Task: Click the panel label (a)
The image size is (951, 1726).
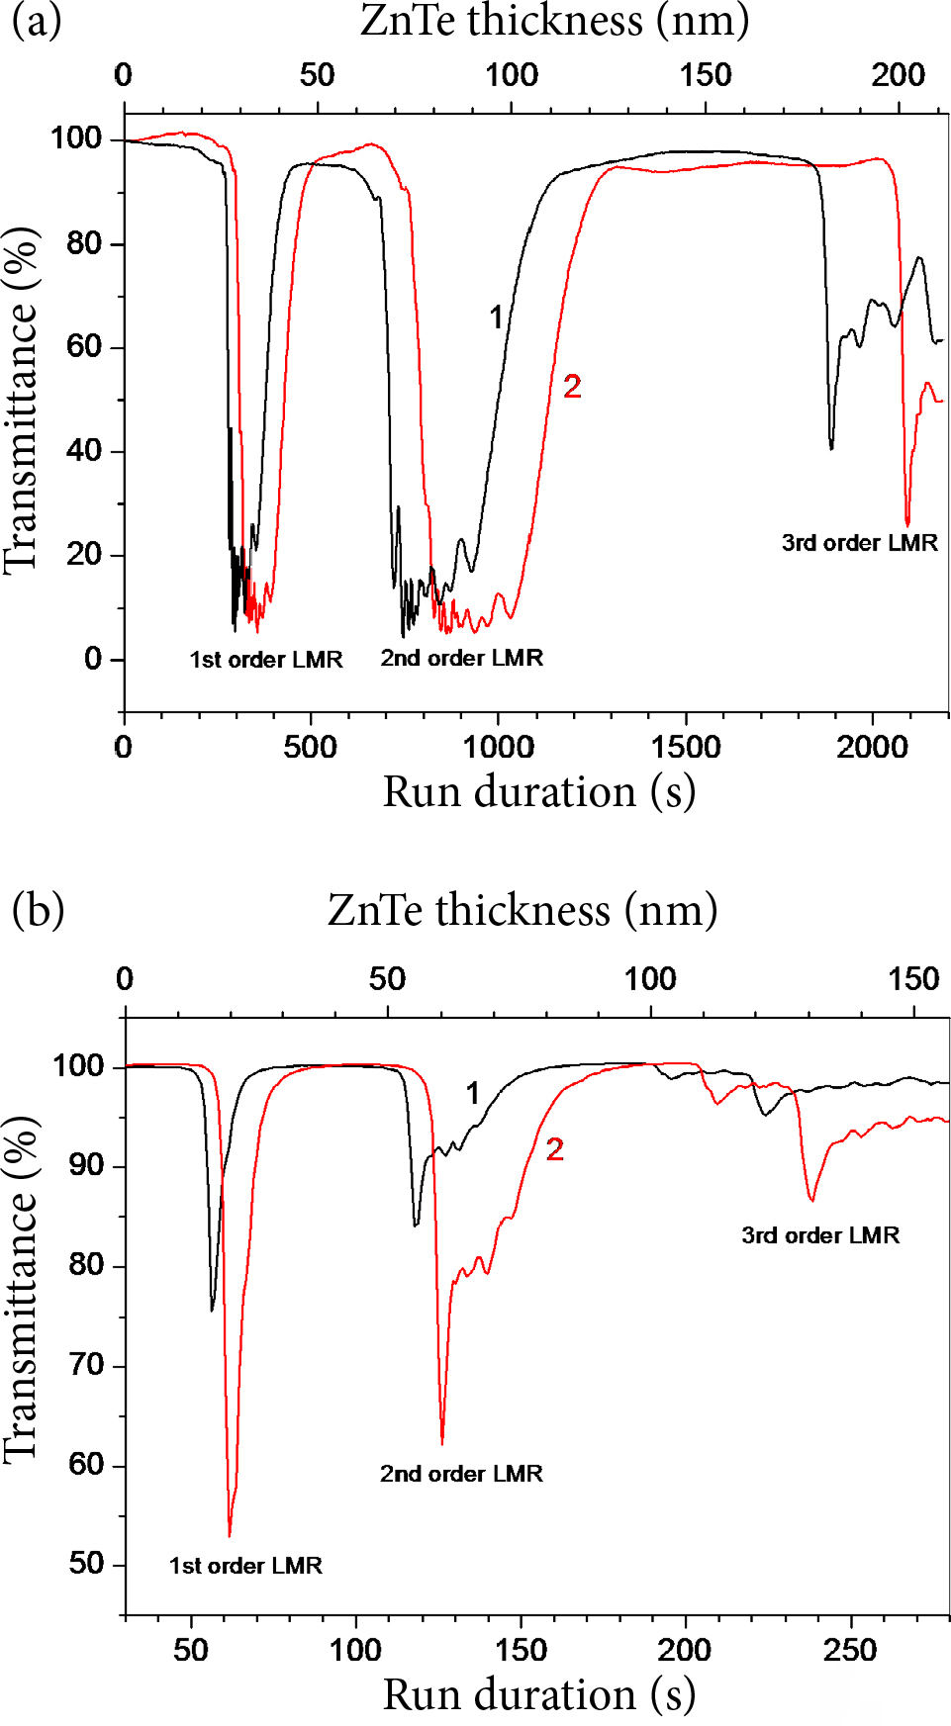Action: (36, 21)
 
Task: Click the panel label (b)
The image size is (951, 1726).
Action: (38, 909)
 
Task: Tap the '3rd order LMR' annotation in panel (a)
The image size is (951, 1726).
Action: (859, 543)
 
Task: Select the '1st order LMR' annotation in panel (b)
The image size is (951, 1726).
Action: (245, 1566)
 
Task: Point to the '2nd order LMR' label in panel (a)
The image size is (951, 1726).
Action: (461, 658)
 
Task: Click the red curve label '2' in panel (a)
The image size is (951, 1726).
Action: (572, 387)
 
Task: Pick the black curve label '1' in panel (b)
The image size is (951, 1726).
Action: (473, 1093)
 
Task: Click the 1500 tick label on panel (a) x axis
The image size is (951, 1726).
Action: (685, 747)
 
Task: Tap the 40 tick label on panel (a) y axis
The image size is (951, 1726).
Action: (83, 451)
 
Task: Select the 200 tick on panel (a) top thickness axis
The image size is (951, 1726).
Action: (898, 75)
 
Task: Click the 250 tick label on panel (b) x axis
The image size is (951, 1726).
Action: (849, 1650)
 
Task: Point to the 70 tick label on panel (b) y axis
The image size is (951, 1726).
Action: (85, 1366)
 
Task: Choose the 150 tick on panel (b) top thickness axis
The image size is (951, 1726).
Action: (912, 979)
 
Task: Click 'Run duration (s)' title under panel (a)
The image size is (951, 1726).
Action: (538, 792)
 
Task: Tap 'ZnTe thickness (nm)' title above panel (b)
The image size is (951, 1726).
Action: (523, 910)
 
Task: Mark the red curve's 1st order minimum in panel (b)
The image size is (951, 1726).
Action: (230, 1535)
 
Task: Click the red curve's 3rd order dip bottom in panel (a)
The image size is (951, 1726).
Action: (907, 524)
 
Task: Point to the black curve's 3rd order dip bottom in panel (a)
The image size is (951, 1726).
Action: (831, 448)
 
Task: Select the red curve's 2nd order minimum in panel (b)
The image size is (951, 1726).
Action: (441, 1443)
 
